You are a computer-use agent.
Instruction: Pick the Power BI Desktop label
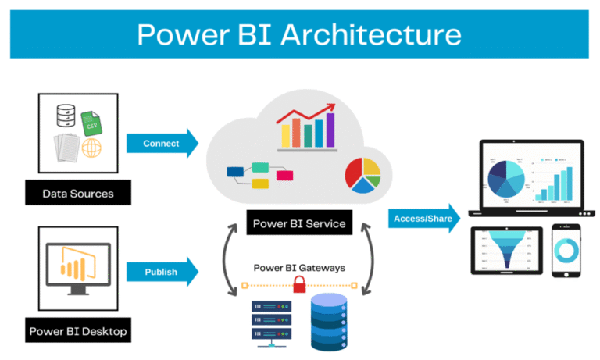coord(78,330)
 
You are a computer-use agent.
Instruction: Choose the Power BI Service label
coord(298,224)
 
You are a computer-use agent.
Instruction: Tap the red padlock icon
coord(299,286)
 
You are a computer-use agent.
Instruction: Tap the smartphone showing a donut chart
coord(568,251)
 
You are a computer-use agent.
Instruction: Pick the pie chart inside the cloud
coord(362,174)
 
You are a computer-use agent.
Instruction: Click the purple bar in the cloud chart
coord(330,130)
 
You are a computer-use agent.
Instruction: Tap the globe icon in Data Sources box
coord(92,150)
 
